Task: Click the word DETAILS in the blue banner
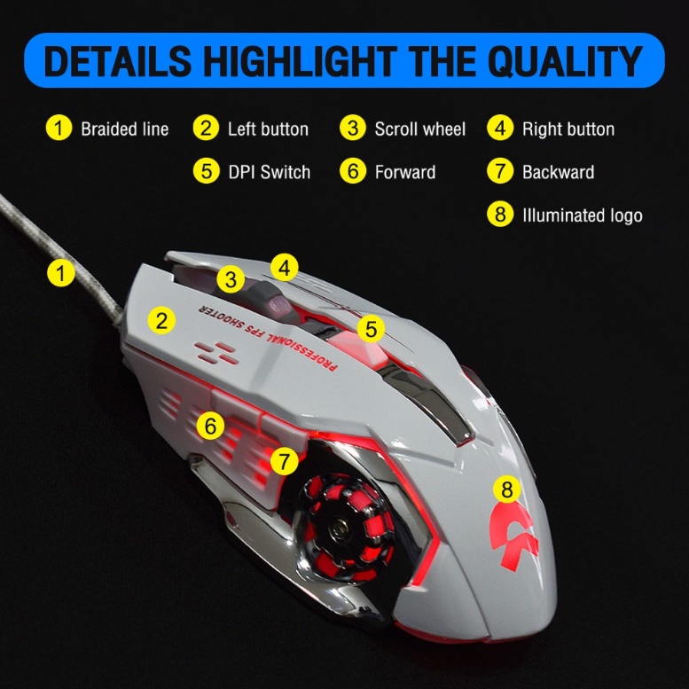[x=118, y=60]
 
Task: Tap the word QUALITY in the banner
[x=566, y=61]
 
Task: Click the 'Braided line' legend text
[x=125, y=129]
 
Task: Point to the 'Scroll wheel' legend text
[x=419, y=129]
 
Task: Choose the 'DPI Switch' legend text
[x=269, y=172]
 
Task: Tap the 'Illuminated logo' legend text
[x=583, y=215]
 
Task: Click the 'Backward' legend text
[x=558, y=172]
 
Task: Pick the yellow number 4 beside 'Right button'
[x=500, y=129]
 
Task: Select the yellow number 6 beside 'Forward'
[x=353, y=171]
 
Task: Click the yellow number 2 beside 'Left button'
[x=206, y=129]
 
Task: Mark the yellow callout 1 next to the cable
[x=60, y=273]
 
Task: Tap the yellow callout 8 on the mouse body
[x=506, y=489]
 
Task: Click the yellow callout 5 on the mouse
[x=371, y=329]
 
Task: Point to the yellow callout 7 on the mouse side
[x=285, y=461]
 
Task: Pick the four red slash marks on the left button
[x=216, y=353]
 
